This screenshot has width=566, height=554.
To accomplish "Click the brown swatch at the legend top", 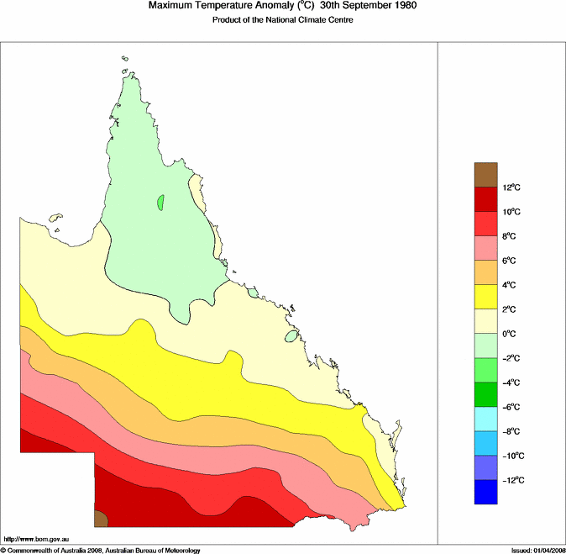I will point(486,175).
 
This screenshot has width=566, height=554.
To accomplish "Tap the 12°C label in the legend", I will point(513,187).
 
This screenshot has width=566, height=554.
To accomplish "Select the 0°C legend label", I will point(511,334).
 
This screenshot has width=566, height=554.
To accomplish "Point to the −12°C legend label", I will point(514,480).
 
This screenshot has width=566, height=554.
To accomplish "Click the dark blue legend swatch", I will point(486,492).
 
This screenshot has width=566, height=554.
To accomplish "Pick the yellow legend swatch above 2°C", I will point(486,297).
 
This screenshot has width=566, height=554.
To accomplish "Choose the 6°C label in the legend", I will point(511,261).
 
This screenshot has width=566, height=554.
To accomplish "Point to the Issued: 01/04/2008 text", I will point(537,550).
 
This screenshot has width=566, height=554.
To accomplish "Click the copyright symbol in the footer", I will point(3,550).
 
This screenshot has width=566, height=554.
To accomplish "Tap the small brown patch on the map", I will point(100,519).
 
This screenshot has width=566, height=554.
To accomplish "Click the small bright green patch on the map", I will point(160,203).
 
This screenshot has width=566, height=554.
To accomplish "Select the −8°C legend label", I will point(513,431).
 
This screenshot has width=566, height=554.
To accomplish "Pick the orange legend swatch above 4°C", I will point(486,272).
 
